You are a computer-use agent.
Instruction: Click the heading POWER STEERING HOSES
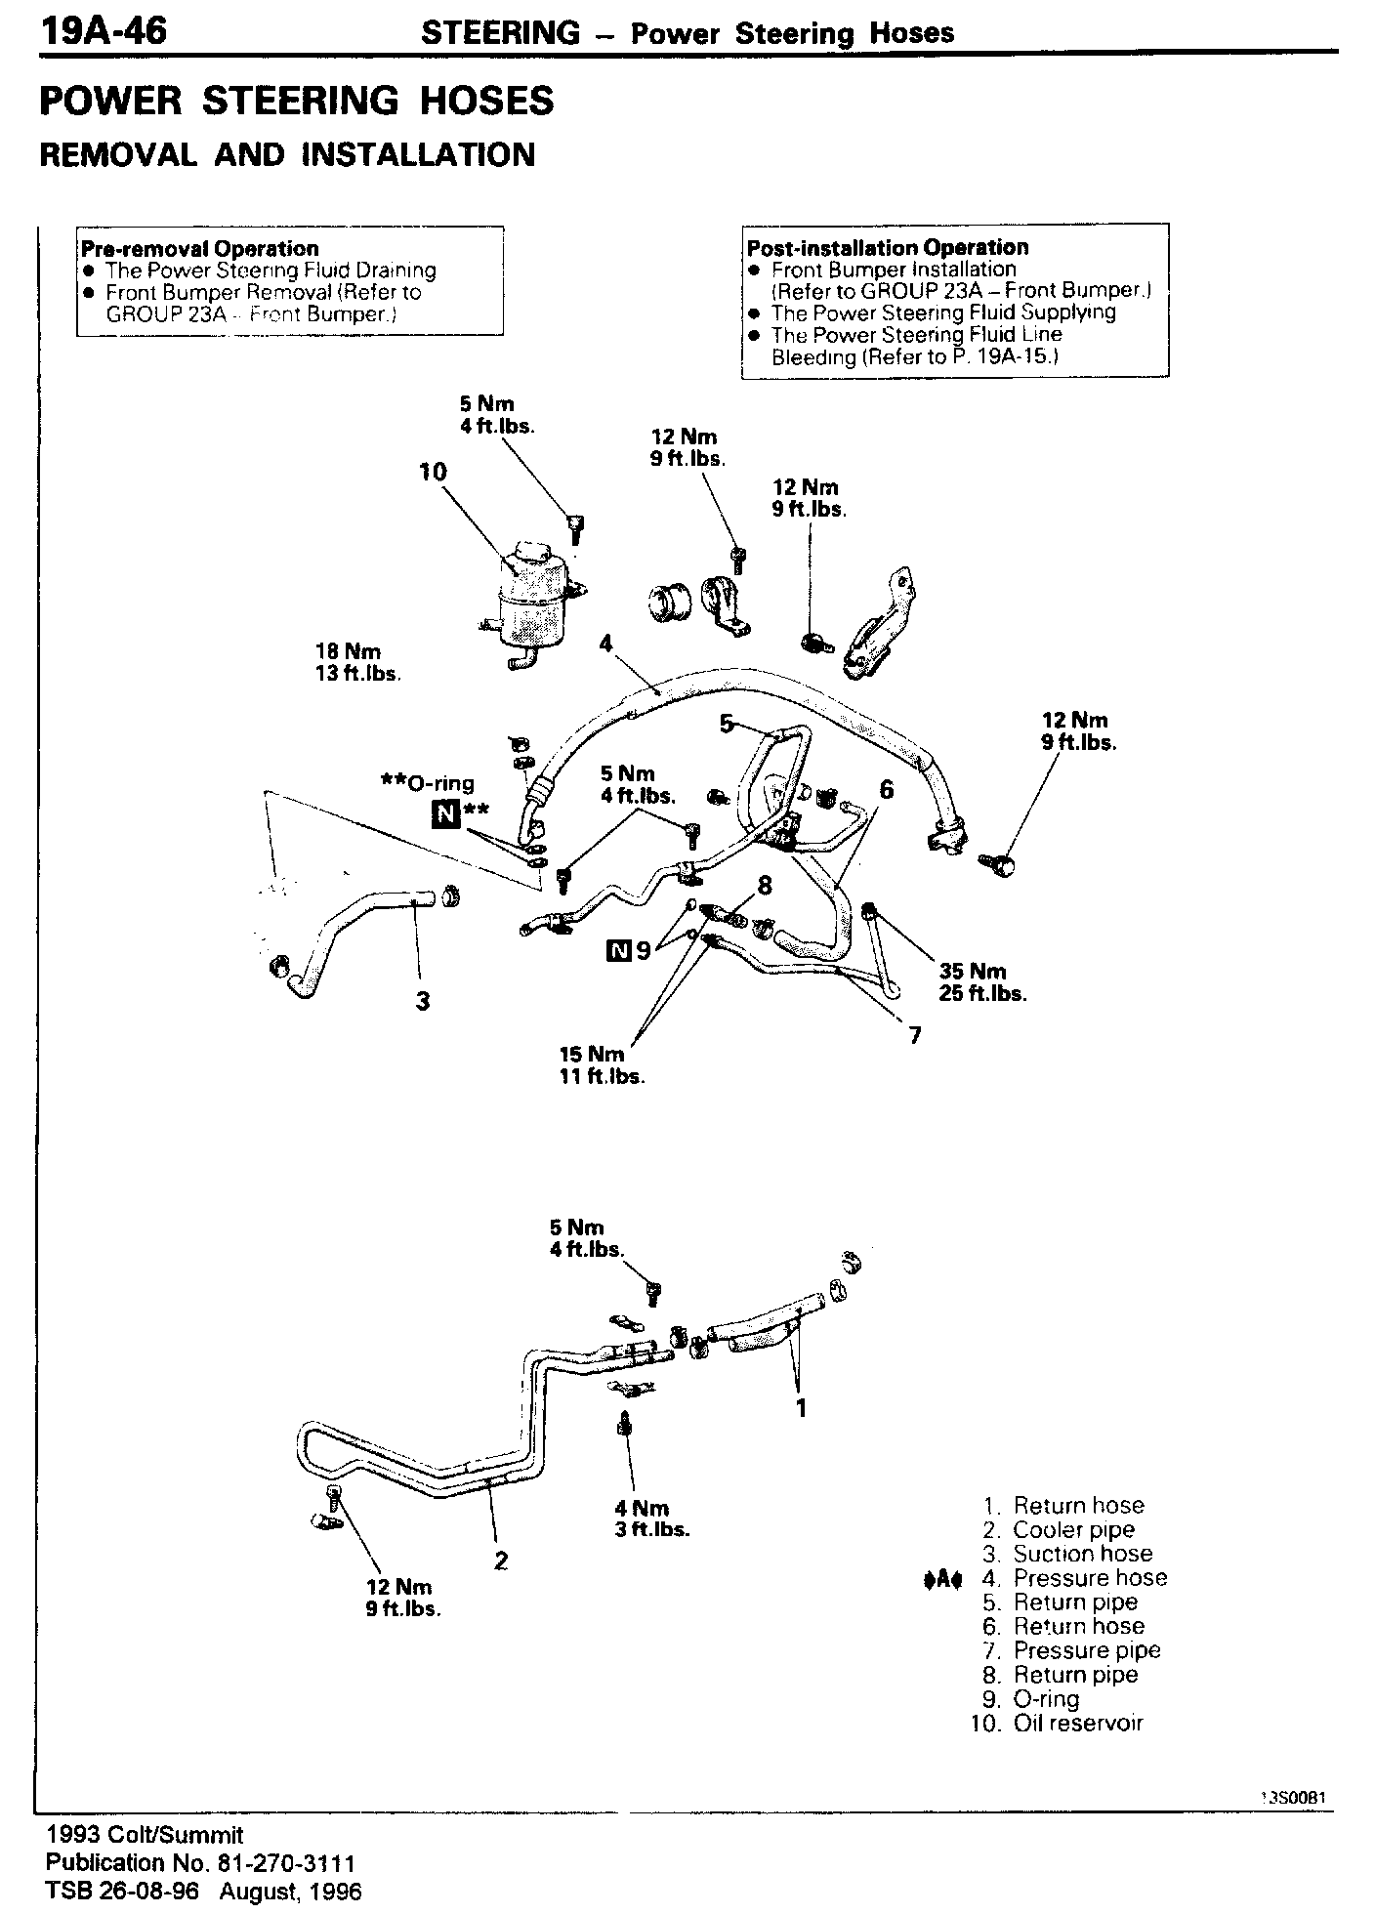(297, 102)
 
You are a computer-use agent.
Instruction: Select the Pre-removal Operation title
(200, 248)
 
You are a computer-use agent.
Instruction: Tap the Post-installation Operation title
(888, 247)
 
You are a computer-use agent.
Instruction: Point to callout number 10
(432, 473)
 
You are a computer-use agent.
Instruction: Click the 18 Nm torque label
(348, 651)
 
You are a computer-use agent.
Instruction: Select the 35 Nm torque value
(972, 972)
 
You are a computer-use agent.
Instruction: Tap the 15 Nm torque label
(591, 1055)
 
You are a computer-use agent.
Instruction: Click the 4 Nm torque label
(641, 1508)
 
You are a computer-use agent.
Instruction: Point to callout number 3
(423, 1001)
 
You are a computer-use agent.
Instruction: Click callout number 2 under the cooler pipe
(500, 1560)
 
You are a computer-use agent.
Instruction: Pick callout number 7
(915, 1036)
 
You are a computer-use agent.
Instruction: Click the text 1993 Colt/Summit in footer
(145, 1835)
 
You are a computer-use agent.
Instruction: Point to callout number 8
(764, 886)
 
